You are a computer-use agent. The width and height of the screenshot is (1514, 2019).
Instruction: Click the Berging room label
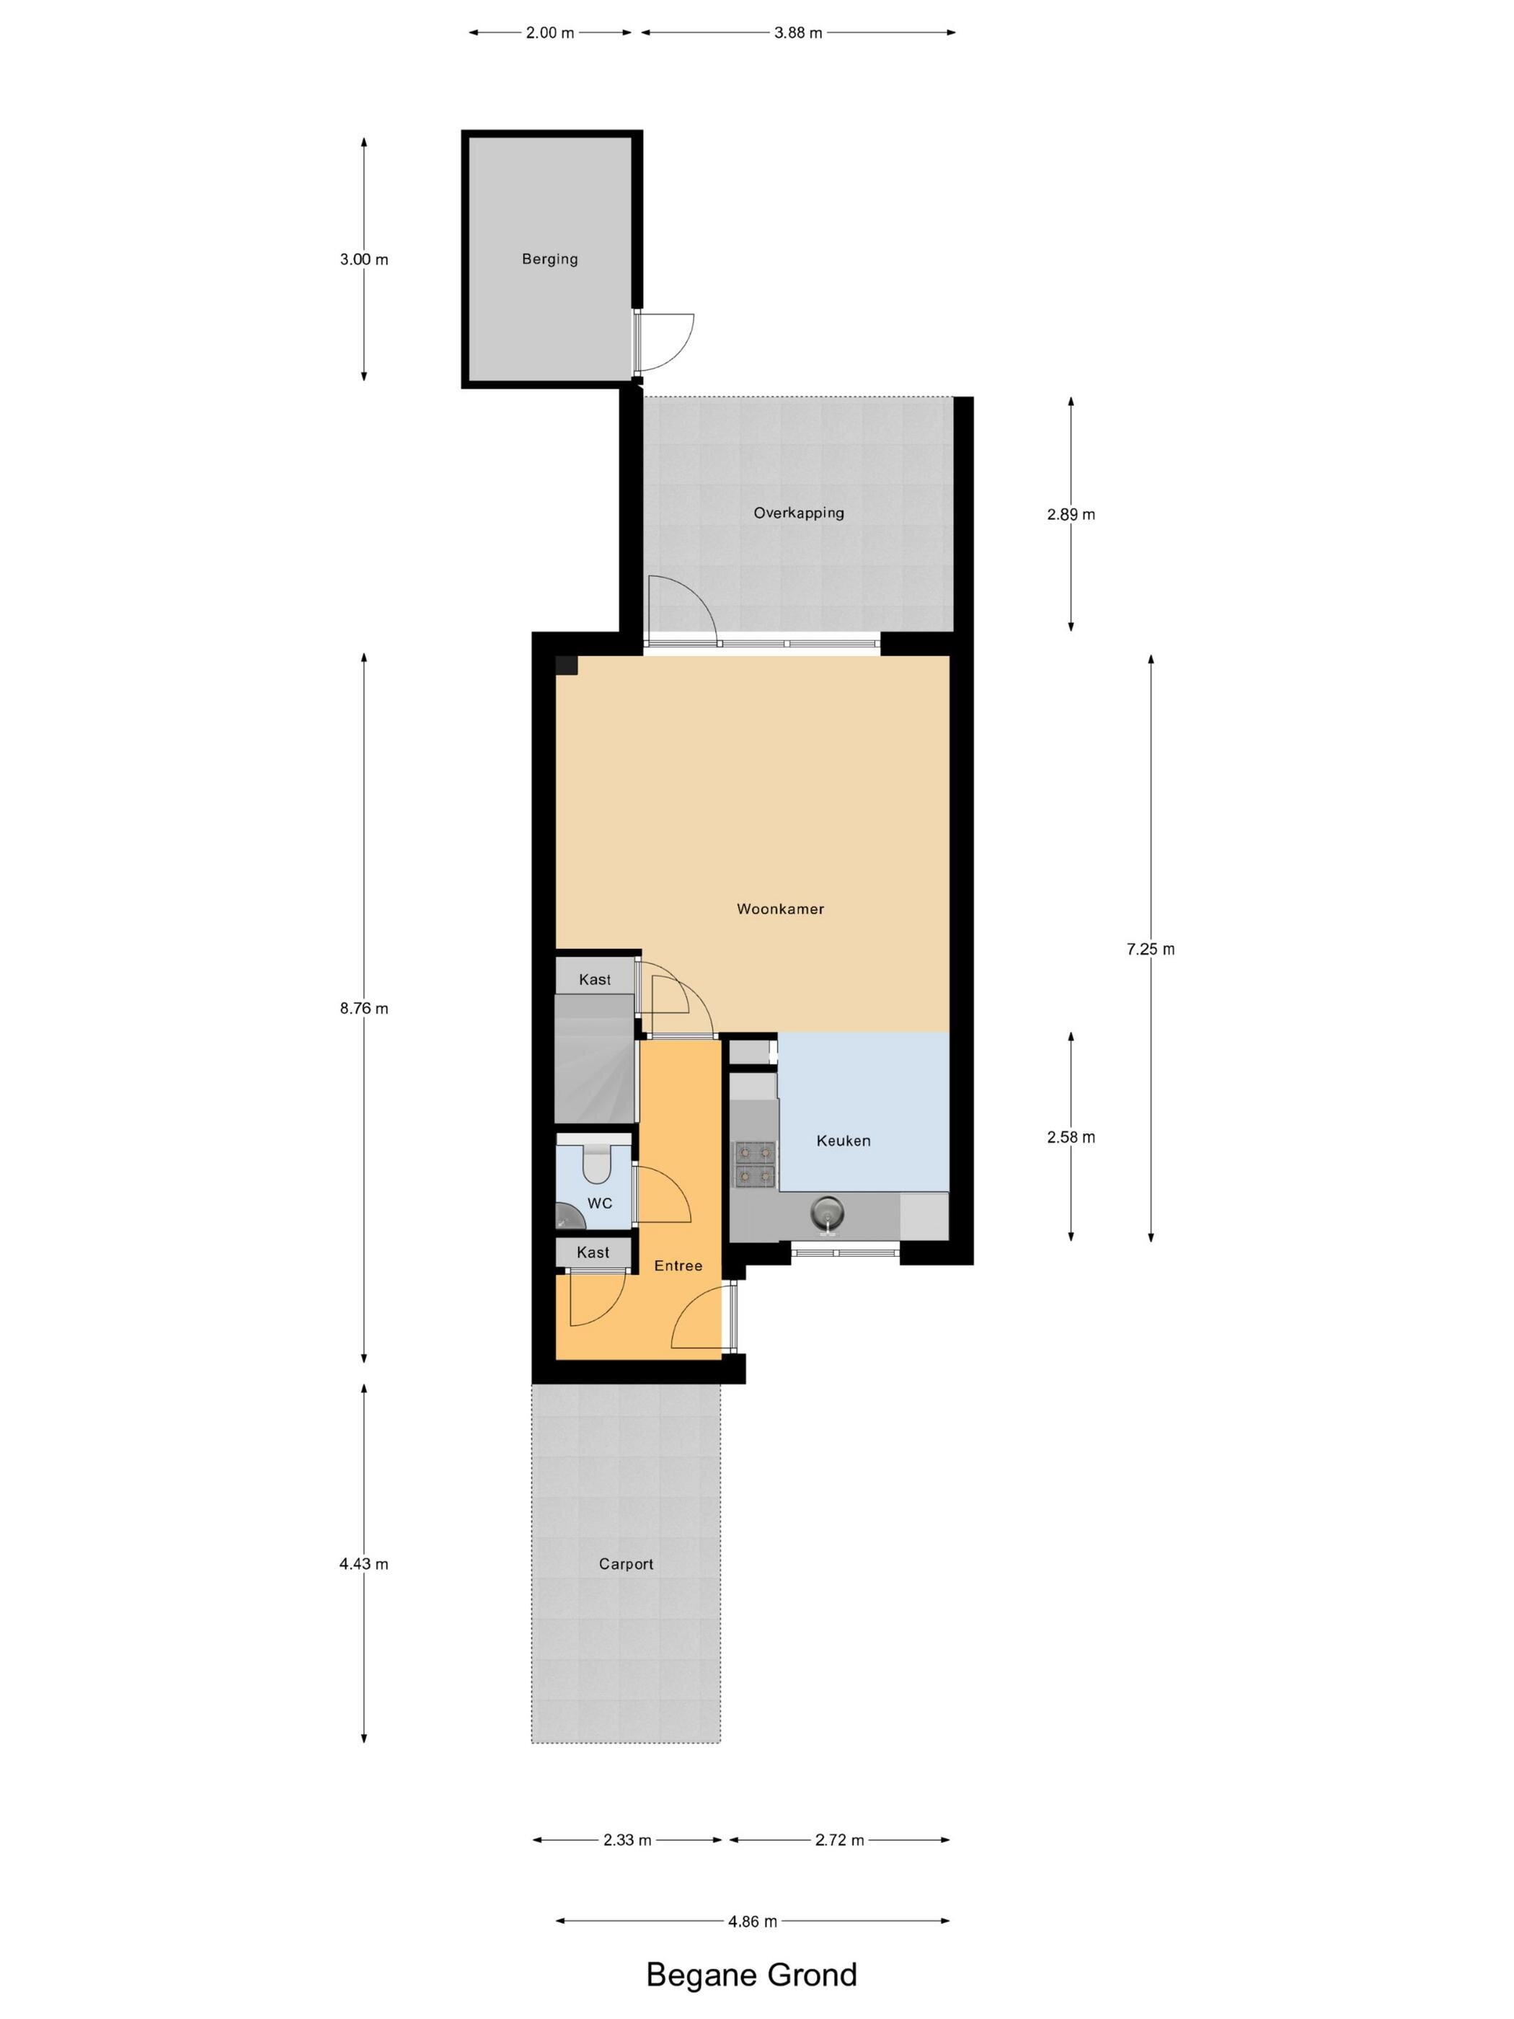(549, 259)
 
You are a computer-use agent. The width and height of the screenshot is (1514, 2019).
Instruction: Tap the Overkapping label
(799, 513)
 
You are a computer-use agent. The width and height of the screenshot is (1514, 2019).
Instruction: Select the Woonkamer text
(780, 909)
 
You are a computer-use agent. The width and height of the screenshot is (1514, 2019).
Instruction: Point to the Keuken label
(844, 1141)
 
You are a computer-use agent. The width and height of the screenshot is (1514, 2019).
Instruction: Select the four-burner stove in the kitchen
(755, 1165)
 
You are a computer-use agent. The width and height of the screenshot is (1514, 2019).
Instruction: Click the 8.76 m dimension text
(364, 1009)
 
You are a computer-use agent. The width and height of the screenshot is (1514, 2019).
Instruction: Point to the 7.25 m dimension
(1151, 949)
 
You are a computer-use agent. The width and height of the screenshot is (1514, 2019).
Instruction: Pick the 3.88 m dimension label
(799, 34)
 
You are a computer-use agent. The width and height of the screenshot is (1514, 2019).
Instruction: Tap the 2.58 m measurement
(1071, 1137)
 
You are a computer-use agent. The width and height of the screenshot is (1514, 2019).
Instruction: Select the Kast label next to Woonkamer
(595, 980)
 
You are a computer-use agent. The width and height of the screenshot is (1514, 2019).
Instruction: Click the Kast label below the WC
(593, 1253)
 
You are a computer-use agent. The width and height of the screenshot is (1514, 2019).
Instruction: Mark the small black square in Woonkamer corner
(567, 666)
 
